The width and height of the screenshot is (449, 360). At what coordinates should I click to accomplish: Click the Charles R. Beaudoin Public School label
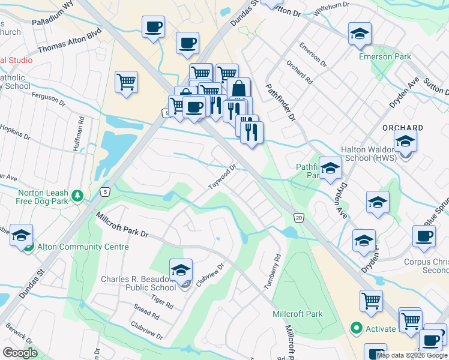(139, 283)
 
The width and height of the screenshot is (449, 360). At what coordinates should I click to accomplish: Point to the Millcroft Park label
(297, 314)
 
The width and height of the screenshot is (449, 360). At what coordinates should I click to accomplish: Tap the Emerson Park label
(384, 57)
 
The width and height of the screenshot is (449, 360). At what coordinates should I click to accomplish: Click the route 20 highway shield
(298, 217)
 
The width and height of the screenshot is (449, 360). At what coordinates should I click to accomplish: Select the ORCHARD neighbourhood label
(403, 128)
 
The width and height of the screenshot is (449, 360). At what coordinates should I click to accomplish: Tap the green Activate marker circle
(356, 328)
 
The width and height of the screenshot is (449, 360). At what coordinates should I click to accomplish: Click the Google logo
(20, 353)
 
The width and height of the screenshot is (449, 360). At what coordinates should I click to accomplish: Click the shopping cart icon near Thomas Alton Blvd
(126, 82)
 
